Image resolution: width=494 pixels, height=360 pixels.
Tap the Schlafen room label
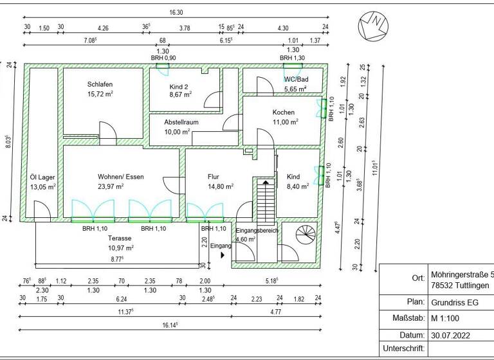101,84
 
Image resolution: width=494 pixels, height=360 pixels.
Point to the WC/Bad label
296,80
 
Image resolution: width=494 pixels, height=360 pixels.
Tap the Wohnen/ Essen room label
120,177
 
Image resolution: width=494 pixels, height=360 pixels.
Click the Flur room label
214,177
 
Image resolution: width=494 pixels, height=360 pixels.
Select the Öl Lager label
42,177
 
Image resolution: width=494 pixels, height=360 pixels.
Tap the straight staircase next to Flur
264,199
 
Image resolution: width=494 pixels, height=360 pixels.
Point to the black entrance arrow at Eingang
223,255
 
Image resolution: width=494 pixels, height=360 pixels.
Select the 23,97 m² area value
120,186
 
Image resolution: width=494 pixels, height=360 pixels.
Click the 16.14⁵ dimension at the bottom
169,325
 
